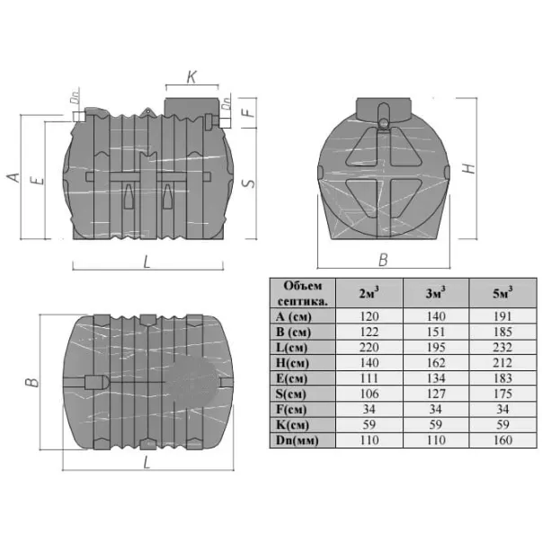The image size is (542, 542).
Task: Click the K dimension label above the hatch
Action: click(191, 77)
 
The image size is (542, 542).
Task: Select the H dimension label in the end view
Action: click(469, 168)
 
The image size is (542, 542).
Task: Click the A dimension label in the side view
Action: click(13, 177)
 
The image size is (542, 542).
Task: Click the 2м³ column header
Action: click(369, 293)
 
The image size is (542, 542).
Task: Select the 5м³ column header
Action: click(502, 293)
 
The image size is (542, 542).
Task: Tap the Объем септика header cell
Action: click(302, 293)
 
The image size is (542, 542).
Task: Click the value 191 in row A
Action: click(502, 316)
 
